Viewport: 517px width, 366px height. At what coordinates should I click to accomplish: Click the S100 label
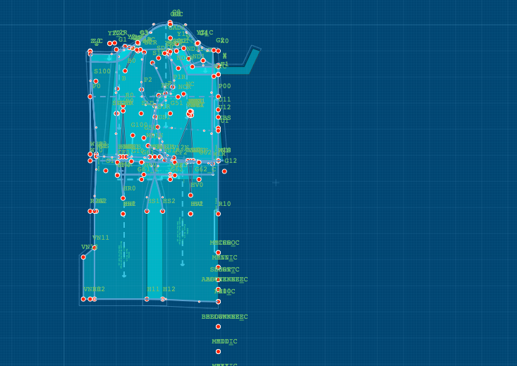(102, 71)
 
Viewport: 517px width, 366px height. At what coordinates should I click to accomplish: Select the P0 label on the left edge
(96, 87)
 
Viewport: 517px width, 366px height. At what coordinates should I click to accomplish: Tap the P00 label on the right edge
(224, 86)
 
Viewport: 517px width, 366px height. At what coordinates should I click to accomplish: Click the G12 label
(231, 161)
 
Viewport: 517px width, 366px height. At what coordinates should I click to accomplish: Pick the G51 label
(176, 103)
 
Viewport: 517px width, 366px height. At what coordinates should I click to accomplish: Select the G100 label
(140, 125)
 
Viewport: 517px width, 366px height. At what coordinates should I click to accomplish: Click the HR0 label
(130, 188)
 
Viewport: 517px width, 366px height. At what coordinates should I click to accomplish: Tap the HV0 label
(197, 185)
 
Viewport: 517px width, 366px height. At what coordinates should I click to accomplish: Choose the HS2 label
(169, 201)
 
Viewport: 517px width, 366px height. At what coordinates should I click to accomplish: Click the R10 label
(224, 204)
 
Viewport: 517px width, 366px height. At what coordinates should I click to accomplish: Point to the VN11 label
(101, 238)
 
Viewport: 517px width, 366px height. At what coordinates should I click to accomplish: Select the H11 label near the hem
(153, 289)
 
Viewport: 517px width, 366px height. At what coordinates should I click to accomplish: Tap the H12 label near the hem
(169, 289)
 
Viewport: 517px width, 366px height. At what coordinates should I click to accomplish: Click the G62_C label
(205, 169)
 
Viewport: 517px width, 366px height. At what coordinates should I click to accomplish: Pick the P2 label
(148, 80)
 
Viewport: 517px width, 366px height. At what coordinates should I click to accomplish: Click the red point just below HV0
(190, 195)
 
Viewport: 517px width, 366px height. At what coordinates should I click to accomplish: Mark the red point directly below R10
(218, 214)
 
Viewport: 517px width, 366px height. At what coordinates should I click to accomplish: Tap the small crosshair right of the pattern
(276, 183)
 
